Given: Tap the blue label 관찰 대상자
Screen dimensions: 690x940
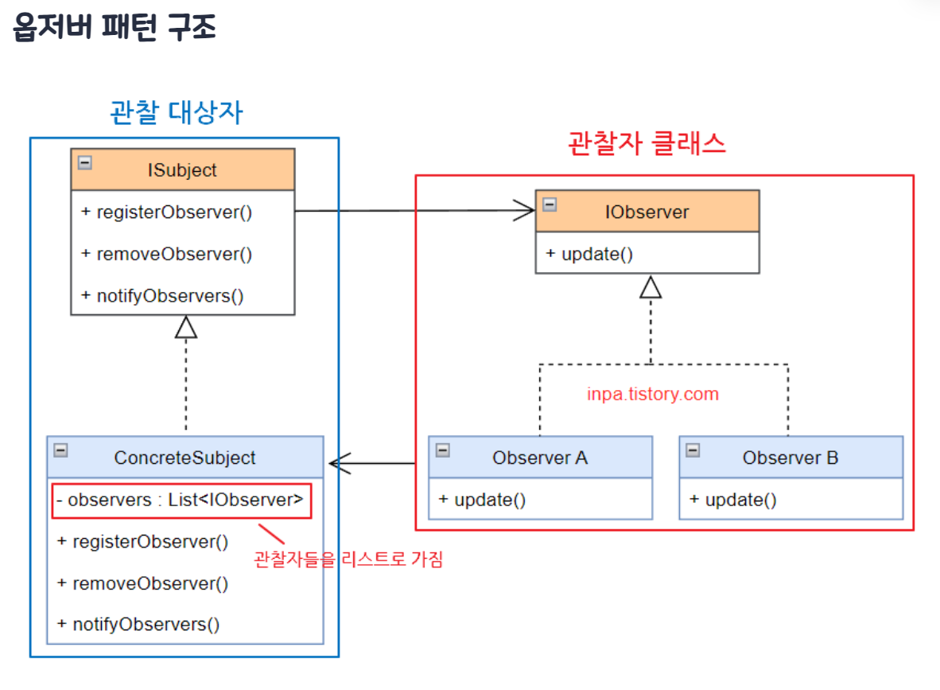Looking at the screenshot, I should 176,113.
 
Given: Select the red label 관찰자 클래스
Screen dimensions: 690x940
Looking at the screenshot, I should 647,143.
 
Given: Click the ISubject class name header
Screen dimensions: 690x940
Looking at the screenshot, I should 182,170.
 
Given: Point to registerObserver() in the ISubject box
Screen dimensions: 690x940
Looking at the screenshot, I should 167,212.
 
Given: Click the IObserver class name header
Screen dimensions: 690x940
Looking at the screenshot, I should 647,212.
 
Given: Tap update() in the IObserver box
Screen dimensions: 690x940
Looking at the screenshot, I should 589,254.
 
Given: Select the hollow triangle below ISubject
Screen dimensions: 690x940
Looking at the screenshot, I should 186,327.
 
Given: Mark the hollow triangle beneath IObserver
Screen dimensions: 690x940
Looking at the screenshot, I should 651,287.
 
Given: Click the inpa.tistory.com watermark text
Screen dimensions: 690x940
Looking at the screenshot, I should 652,394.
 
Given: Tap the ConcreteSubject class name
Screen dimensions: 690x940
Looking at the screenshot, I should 185,458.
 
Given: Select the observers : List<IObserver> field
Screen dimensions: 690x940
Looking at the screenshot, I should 181,501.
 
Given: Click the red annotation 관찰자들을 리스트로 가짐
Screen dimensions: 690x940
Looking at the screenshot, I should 348,559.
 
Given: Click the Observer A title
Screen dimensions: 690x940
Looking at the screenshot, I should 539,458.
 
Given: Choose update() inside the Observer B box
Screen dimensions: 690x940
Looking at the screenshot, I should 732,500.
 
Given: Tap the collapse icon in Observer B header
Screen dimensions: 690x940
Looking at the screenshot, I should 693,450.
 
